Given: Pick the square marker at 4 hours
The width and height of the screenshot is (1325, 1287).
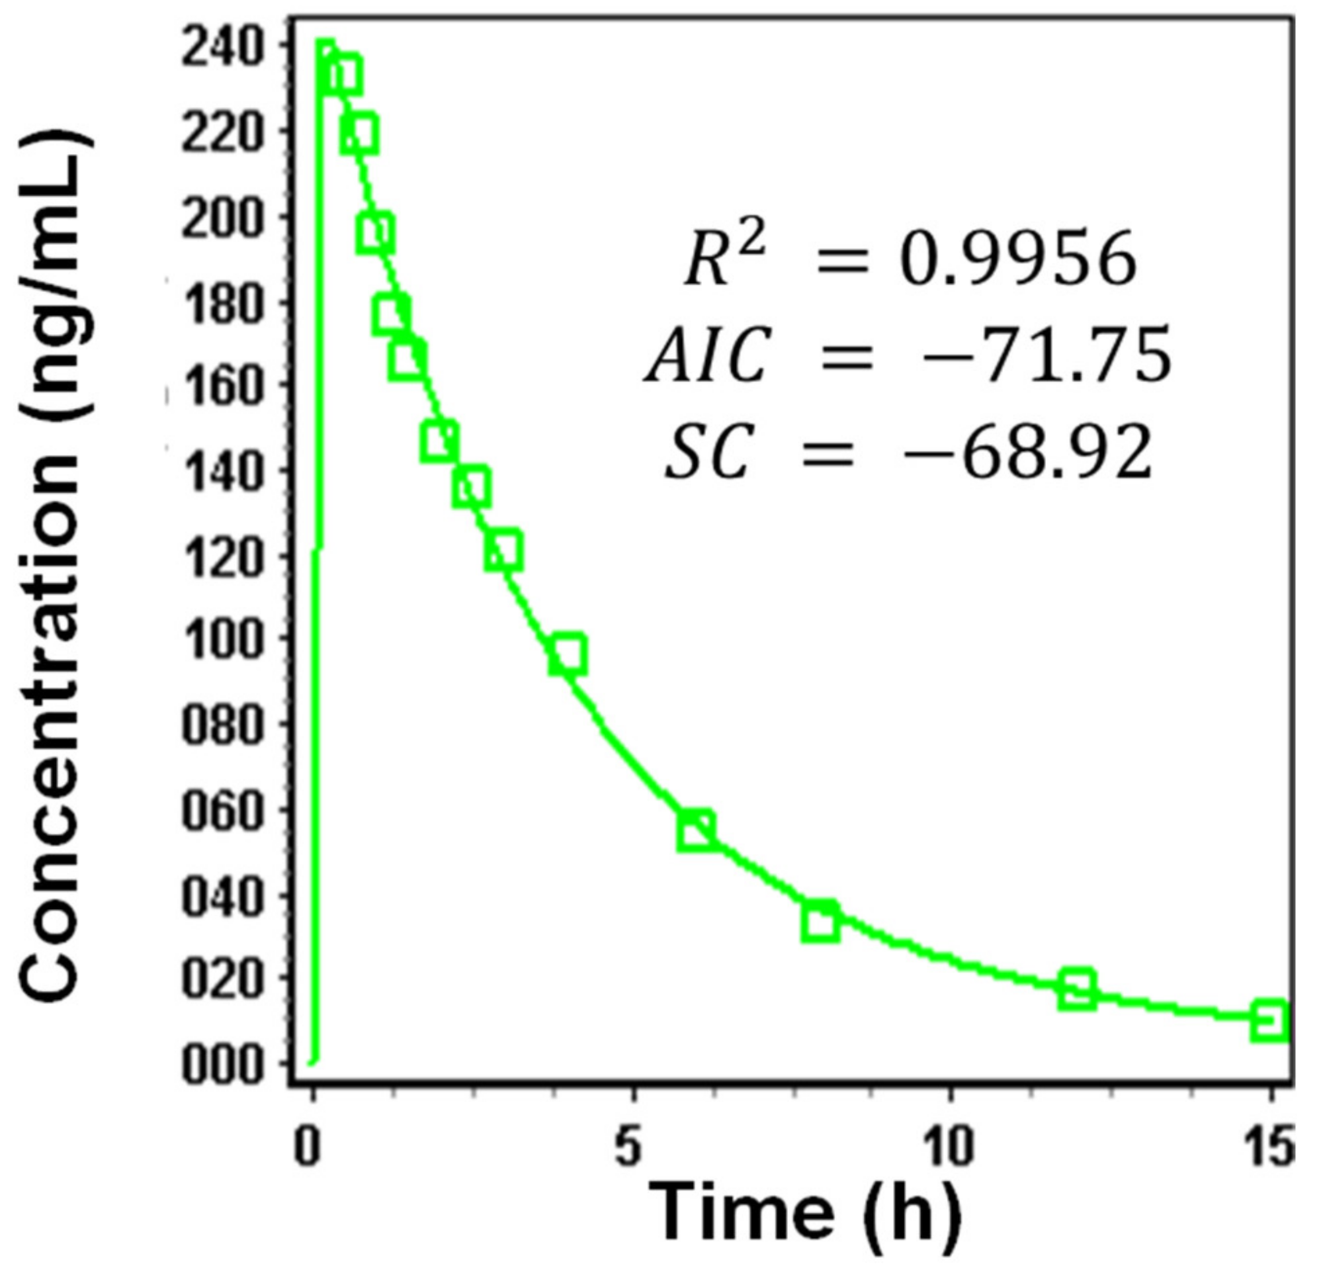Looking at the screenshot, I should (x=567, y=654).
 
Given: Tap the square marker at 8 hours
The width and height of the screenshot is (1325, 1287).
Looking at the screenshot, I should (x=820, y=921).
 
